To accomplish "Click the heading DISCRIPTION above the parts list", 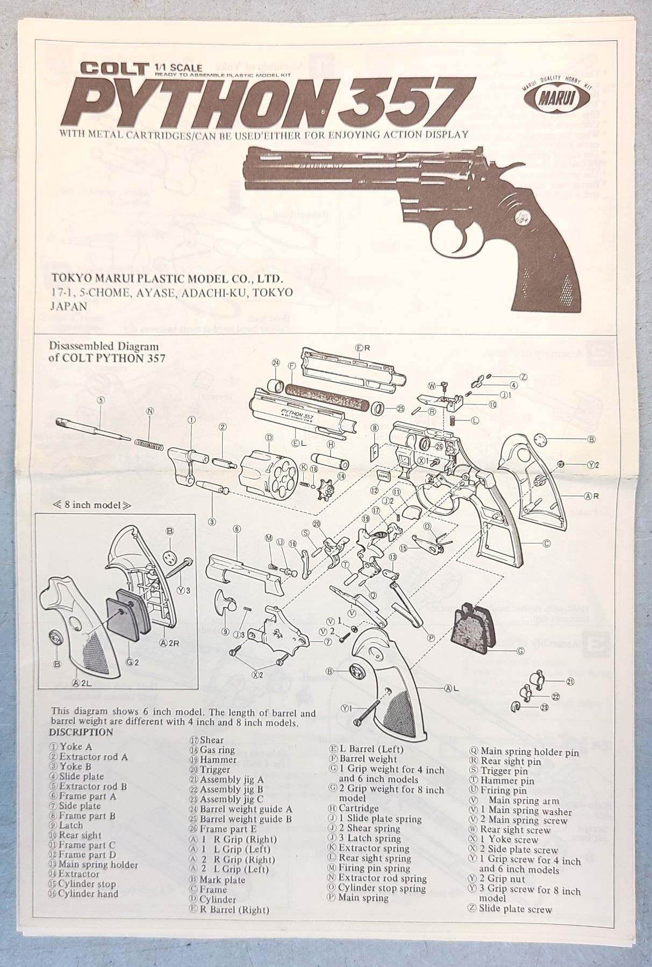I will coord(81,732).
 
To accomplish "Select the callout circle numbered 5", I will coord(100,399).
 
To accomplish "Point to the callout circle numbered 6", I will coord(237,528).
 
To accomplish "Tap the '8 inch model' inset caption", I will coord(85,505).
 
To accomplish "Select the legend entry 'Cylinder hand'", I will coord(88,893).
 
